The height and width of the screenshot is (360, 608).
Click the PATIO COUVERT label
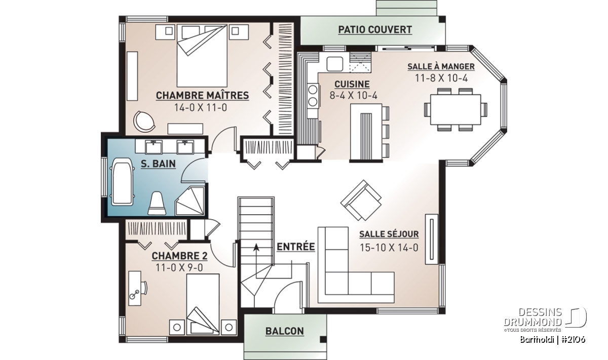tap(375, 29)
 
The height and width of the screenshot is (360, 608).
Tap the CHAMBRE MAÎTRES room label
tap(202, 96)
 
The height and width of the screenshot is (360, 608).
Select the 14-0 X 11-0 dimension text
tap(201, 108)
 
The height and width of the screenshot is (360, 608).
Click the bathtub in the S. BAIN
tap(122, 182)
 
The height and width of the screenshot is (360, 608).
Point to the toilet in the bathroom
tap(157, 204)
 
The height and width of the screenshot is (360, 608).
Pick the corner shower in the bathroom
tap(190, 201)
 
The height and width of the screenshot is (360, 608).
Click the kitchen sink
tap(334, 64)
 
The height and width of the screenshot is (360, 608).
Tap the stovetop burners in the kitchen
tap(313, 95)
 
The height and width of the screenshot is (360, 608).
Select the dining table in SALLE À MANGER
tap(455, 109)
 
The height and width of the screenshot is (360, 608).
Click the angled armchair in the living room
tap(361, 200)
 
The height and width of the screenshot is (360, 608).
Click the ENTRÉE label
tap(295, 247)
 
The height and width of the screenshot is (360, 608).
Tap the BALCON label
tap(284, 331)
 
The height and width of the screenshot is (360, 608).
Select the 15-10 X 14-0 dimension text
tap(389, 248)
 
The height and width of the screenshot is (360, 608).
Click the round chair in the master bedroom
tap(144, 122)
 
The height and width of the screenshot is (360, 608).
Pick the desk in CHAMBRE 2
tap(135, 288)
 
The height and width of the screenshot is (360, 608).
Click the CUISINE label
tap(352, 85)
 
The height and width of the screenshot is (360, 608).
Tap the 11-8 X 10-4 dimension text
tap(441, 78)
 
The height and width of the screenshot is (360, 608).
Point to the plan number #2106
tap(573, 340)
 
